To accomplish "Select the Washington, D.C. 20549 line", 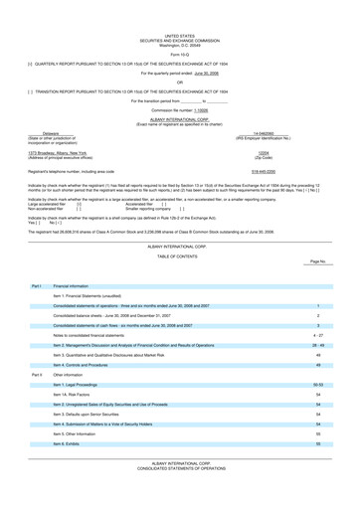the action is click(x=179, y=43).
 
